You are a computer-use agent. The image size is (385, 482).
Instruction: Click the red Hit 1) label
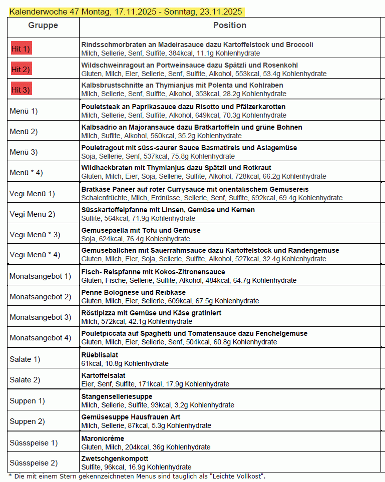(21, 49)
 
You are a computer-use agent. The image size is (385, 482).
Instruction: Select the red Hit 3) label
(21, 90)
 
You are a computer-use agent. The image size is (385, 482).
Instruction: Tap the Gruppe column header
(43, 26)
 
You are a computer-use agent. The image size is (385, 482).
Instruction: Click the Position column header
(230, 26)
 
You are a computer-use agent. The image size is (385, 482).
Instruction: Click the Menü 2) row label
(24, 132)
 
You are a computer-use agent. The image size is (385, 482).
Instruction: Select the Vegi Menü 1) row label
(33, 194)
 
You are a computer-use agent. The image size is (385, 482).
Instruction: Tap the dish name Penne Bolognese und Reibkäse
(133, 292)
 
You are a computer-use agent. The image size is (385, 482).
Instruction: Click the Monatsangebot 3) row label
(41, 317)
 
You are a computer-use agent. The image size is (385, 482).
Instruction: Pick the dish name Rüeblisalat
(99, 354)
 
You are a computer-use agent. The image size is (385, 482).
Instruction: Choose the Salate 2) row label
(25, 380)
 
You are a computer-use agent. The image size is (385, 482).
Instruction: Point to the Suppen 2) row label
(27, 421)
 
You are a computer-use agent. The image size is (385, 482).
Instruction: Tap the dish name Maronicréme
(103, 438)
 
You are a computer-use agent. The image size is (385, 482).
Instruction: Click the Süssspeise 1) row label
(34, 443)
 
